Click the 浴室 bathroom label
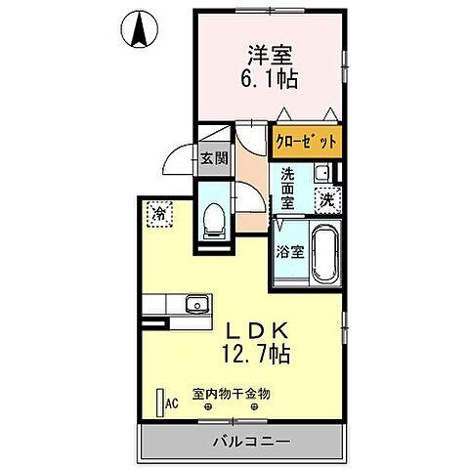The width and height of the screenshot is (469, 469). pos(289,252)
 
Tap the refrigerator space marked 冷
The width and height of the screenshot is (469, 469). pos(157,212)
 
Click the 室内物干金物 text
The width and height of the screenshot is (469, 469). pos(231,393)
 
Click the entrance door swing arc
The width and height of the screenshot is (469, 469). pos(180,158)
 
